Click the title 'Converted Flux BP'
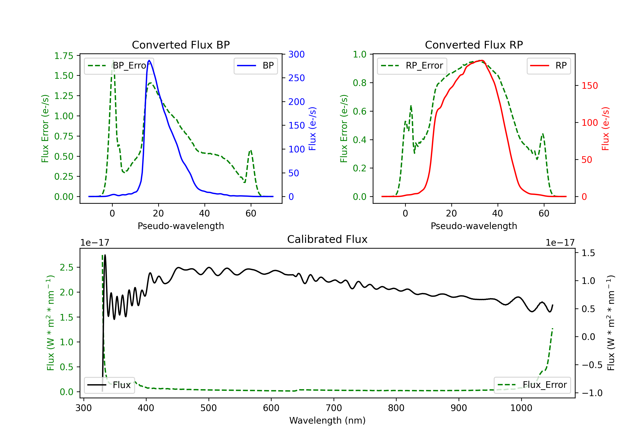(x=181, y=45)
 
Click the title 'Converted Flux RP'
(x=474, y=45)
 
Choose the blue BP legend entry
(x=255, y=66)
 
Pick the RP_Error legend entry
(x=412, y=66)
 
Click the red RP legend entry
(x=548, y=66)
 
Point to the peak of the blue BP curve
(x=149, y=60)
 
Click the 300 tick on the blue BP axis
(x=296, y=54)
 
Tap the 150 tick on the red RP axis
(x=589, y=85)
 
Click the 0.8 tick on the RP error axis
(x=360, y=83)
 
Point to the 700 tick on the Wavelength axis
(x=333, y=408)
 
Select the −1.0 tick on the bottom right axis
(x=592, y=393)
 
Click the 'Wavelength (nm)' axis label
(x=327, y=420)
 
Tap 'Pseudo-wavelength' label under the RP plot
(x=474, y=226)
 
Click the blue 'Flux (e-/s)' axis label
(x=312, y=129)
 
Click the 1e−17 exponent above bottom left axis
(x=95, y=243)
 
